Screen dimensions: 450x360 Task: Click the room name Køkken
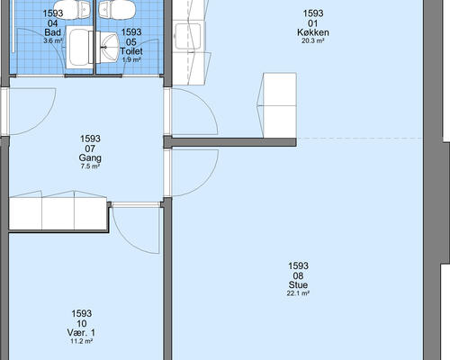(x=313, y=32)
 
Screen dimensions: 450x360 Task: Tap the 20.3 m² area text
(x=313, y=41)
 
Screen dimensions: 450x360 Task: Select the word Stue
(x=298, y=284)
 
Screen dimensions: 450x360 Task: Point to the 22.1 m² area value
(x=298, y=293)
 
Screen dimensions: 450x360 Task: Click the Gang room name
(x=90, y=157)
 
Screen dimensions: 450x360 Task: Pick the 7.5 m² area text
(x=90, y=166)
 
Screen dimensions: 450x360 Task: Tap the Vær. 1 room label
(x=81, y=333)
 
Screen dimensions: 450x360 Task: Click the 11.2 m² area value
(x=81, y=341)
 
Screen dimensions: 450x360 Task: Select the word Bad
(x=53, y=32)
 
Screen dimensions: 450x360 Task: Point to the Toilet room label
(x=131, y=51)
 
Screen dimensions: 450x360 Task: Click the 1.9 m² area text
(x=131, y=59)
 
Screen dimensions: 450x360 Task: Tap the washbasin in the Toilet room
(x=108, y=47)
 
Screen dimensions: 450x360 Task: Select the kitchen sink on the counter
(x=188, y=36)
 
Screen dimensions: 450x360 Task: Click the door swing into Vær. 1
(x=136, y=229)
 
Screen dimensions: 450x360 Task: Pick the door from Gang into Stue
(x=193, y=173)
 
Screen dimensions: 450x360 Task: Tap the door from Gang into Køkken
(x=193, y=112)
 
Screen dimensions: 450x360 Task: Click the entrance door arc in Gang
(x=32, y=112)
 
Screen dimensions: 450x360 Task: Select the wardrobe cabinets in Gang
(x=58, y=213)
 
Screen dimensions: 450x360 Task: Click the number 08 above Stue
(x=298, y=275)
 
